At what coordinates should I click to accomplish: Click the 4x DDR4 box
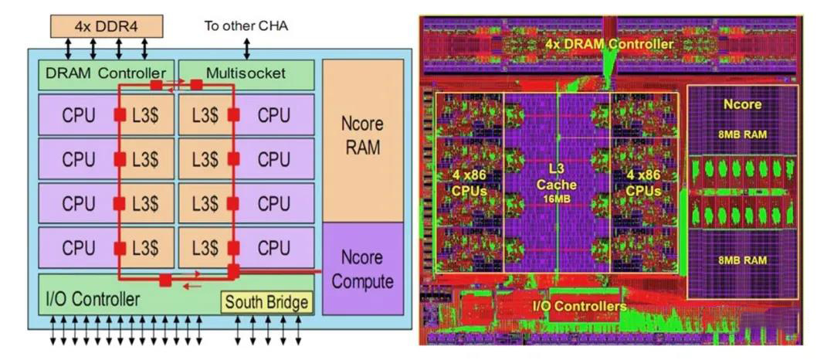[x=106, y=26]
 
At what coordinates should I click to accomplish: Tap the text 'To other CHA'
[x=246, y=26]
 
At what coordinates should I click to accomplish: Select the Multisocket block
[x=246, y=74]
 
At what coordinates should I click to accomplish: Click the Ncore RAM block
[x=363, y=139]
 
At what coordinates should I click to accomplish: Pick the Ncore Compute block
[x=363, y=269]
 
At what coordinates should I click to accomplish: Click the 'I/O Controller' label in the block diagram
[x=93, y=300]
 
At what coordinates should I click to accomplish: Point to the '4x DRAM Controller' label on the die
[x=609, y=45]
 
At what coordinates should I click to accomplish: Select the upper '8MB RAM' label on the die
[x=743, y=134]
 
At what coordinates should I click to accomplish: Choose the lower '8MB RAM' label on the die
[x=743, y=260]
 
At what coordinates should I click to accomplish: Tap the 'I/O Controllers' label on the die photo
[x=578, y=307]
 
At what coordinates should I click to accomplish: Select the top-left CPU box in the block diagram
[x=78, y=115]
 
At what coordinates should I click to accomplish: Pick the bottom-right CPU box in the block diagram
[x=274, y=248]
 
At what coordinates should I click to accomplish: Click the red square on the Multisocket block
[x=197, y=84]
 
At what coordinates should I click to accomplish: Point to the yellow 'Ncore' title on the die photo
[x=743, y=105]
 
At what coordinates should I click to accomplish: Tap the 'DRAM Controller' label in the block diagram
[x=106, y=73]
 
